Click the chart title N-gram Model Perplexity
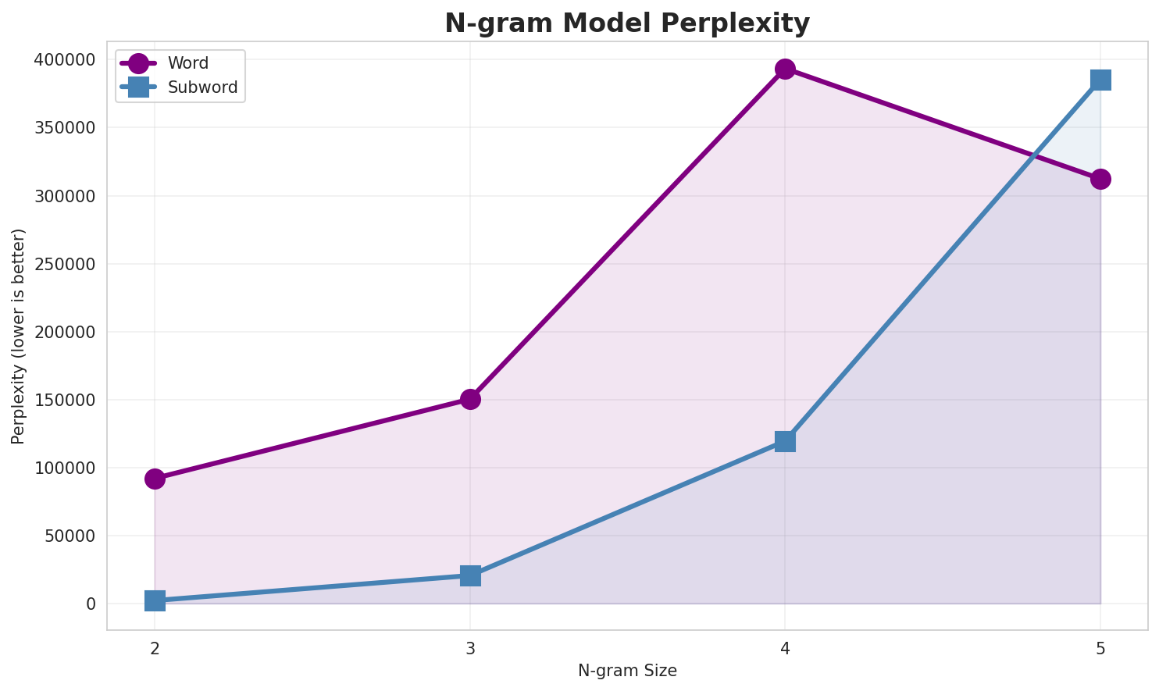point(627,23)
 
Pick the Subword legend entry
point(202,87)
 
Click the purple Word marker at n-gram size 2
point(155,479)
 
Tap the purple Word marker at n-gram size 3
point(470,399)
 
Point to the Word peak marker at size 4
point(785,69)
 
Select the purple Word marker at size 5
point(1100,179)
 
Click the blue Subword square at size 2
point(155,600)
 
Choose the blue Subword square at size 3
point(470,575)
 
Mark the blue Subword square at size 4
point(785,441)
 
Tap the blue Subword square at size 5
point(1100,80)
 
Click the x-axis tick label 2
point(155,648)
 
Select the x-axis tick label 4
point(785,648)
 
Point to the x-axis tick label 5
point(1100,648)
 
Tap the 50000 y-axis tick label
point(70,536)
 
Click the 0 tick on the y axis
point(91,604)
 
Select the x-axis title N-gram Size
point(627,671)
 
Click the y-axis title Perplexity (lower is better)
point(19,336)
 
